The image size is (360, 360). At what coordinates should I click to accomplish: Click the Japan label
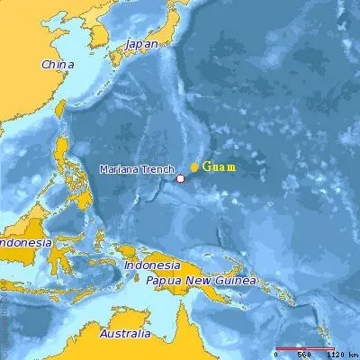point(140,43)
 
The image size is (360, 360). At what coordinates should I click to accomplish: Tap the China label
point(56,65)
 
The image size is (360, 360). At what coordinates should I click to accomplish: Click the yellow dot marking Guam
point(194,167)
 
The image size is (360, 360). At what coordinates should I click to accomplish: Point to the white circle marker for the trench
point(180,178)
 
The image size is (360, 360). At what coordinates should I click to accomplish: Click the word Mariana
point(119,168)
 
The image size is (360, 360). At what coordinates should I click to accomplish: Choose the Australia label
point(124,335)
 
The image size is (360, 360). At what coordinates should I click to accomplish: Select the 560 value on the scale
point(304,355)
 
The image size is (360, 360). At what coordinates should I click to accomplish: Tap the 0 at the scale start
point(278,355)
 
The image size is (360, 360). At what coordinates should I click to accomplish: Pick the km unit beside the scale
point(354,355)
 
